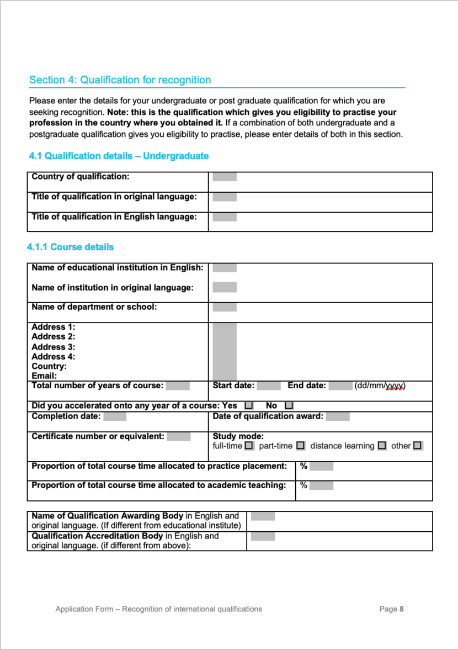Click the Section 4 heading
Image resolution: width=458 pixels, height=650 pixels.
(x=120, y=80)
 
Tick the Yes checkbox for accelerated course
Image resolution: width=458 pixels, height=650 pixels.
(x=248, y=406)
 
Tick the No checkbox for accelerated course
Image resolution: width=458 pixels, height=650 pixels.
(x=289, y=406)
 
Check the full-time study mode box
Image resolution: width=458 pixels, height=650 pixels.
(x=249, y=445)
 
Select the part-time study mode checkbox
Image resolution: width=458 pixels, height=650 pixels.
(x=300, y=445)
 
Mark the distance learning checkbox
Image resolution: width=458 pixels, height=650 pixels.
(x=382, y=445)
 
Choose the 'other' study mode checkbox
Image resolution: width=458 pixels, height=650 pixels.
(x=417, y=445)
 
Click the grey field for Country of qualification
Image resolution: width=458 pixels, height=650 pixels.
(x=225, y=177)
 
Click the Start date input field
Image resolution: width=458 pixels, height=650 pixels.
(x=269, y=385)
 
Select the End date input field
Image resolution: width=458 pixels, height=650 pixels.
(x=340, y=385)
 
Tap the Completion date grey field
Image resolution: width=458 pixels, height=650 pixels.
(x=115, y=416)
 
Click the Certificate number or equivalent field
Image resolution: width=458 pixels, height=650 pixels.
(x=178, y=436)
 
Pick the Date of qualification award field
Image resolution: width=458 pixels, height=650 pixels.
(x=341, y=416)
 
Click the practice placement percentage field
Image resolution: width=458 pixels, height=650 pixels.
(x=321, y=466)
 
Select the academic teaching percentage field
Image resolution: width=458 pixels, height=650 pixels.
(x=321, y=486)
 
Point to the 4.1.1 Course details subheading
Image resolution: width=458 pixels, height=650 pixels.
(x=71, y=247)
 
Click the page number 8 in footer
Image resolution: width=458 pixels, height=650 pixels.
(x=402, y=609)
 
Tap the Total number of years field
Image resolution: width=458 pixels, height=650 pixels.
(x=178, y=385)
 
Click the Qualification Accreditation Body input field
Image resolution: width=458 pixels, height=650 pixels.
(x=263, y=536)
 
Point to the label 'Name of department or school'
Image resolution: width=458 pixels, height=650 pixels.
(x=94, y=307)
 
